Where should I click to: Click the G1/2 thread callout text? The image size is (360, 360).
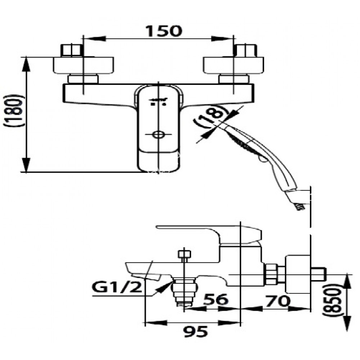pyautogui.click(x=114, y=288)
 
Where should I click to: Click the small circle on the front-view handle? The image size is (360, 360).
pyautogui.click(x=157, y=135)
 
